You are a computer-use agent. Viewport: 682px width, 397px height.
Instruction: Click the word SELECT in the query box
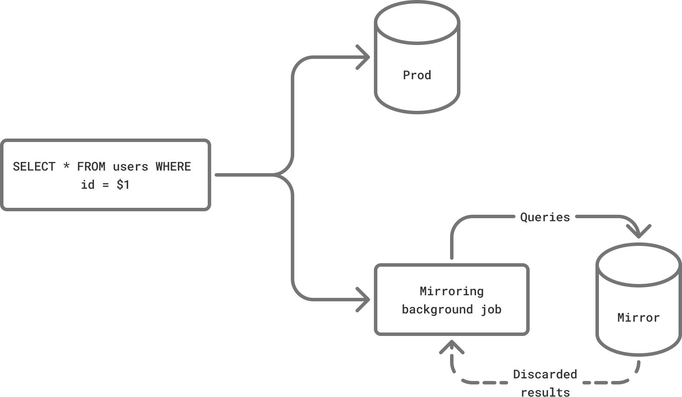tap(34, 167)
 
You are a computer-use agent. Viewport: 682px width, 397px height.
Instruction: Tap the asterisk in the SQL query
tap(66, 167)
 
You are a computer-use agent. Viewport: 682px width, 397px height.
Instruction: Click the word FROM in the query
tap(91, 167)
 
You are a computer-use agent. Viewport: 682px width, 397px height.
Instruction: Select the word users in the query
tap(130, 167)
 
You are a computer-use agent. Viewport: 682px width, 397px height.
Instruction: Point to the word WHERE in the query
tap(173, 167)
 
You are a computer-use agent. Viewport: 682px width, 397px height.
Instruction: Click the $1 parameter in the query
tap(123, 185)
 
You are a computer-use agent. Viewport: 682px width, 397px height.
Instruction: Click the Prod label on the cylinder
tap(417, 75)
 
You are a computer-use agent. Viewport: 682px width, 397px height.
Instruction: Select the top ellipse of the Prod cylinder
tap(417, 23)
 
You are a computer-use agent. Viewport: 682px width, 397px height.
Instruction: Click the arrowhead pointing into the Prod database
tap(365, 57)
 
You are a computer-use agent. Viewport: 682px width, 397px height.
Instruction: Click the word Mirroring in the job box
tap(451, 291)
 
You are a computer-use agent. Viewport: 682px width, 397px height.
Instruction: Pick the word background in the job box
tap(437, 310)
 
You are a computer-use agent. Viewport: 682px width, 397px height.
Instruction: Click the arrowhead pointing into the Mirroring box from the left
tap(365, 300)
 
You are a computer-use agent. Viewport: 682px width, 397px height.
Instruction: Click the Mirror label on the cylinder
tap(638, 318)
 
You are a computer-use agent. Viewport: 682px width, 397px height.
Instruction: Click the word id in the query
tap(87, 185)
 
